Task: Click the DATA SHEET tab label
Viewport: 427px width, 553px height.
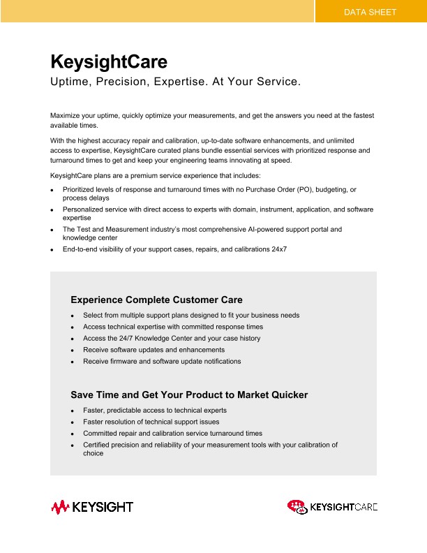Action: [x=370, y=12]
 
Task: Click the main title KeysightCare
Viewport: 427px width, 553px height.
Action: [x=108, y=61]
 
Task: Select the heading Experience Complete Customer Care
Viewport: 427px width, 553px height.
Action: [x=156, y=300]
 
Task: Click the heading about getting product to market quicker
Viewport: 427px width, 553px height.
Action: [x=189, y=395]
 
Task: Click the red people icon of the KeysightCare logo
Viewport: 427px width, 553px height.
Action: [x=297, y=506]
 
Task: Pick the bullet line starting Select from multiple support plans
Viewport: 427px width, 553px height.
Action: [x=191, y=315]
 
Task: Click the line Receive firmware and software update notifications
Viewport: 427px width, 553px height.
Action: [x=162, y=361]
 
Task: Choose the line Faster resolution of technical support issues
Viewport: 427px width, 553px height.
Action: [x=151, y=422]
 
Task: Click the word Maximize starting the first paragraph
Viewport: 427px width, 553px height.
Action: [x=66, y=115]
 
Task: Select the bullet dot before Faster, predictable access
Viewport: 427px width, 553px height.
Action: [x=73, y=411]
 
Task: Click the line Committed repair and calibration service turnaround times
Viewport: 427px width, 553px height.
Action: [x=172, y=433]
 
